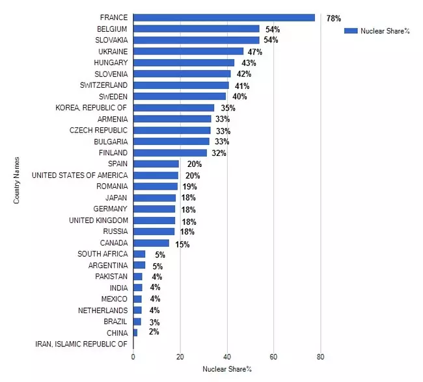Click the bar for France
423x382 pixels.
[224, 18]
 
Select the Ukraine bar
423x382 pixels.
[188, 51]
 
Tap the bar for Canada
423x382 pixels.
[151, 243]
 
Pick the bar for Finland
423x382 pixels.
[170, 153]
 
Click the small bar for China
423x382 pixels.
[135, 333]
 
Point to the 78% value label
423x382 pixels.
[333, 18]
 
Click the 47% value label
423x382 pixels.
[254, 52]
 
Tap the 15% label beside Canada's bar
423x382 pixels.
[182, 244]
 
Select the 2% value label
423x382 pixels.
[153, 333]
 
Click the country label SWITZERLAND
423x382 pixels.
[103, 85]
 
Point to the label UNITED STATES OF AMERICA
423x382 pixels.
[79, 175]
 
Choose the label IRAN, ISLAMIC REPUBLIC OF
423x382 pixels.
[81, 344]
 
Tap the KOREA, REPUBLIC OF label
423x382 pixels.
[91, 108]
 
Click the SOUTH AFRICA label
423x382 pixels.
[102, 254]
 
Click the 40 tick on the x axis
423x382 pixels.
[226, 357]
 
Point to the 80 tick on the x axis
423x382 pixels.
[320, 357]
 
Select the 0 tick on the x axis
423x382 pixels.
[133, 357]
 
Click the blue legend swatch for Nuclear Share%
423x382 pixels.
[351, 31]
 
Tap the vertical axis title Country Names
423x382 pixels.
[17, 180]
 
